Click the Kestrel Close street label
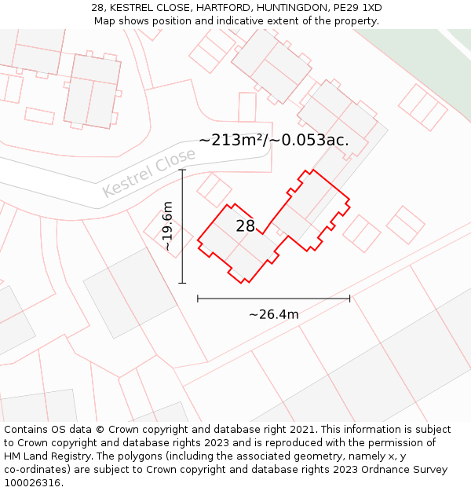(148, 174)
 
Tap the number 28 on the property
(246, 226)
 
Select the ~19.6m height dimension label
(167, 226)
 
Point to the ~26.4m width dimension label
(273, 314)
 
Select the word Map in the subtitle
(105, 21)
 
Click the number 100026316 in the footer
(31, 483)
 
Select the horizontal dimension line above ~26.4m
(273, 299)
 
